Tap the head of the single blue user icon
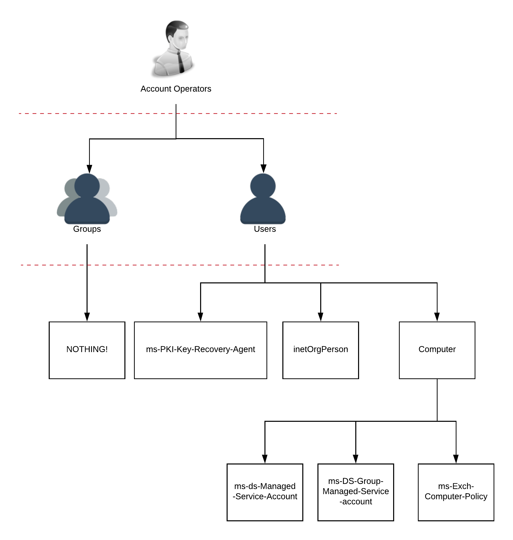(263, 185)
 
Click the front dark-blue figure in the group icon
(87, 208)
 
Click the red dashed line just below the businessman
(178, 113)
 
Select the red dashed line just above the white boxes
(180, 265)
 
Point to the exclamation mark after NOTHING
(106, 349)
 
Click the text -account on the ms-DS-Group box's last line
(356, 502)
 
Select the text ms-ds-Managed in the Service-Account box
(265, 486)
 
